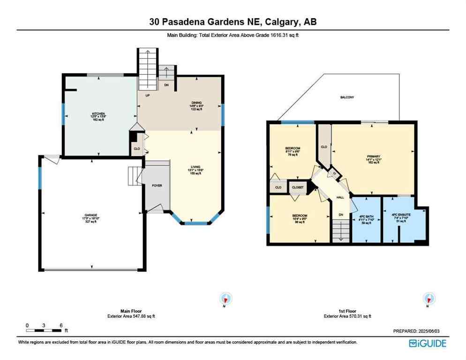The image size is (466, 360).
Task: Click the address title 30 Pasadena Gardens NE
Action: tap(233, 22)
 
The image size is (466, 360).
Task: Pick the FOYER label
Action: tap(157, 186)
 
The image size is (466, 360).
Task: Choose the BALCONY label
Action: tap(347, 97)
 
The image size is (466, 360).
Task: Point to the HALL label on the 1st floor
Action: tap(340, 197)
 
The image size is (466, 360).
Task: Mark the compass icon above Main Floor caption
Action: tap(226, 299)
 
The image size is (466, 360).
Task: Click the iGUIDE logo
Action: tap(428, 343)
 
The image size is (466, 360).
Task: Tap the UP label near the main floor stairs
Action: tap(147, 96)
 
